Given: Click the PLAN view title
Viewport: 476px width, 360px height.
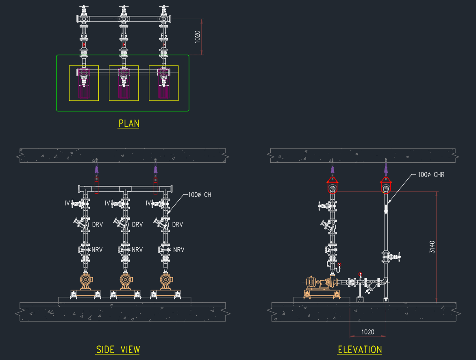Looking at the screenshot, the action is (x=129, y=123).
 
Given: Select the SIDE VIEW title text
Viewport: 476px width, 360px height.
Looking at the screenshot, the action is (x=118, y=350).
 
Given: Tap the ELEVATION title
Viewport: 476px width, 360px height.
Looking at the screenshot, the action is (x=360, y=350).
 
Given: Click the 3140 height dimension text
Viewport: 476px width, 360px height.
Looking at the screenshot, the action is (x=432, y=247).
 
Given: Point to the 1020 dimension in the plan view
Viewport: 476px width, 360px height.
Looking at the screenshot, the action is (x=197, y=37).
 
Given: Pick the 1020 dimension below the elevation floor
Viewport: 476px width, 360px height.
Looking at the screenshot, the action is (x=367, y=332).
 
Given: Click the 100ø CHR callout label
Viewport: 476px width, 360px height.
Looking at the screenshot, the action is (x=431, y=175).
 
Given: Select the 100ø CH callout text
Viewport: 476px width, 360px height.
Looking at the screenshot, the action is (x=200, y=195).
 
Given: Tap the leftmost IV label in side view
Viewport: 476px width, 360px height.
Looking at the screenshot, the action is (x=67, y=203).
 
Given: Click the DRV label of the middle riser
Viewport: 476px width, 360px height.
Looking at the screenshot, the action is (x=137, y=225).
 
